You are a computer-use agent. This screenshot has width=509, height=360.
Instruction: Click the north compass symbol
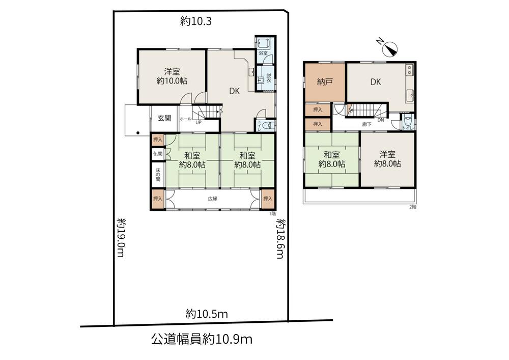click(x=390, y=48)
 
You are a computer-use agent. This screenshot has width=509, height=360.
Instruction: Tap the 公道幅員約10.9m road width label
click(x=202, y=339)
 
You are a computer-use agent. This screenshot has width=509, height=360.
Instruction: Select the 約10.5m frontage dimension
click(x=206, y=314)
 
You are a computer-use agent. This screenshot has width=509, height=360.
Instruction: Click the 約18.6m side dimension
click(x=279, y=238)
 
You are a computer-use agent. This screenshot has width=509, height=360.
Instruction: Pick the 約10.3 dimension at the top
click(x=195, y=21)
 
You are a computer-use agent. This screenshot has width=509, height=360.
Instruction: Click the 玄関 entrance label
click(x=164, y=118)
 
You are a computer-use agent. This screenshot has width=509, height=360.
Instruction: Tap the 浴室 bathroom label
click(x=263, y=53)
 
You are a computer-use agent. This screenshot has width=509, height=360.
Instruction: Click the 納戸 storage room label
click(x=325, y=82)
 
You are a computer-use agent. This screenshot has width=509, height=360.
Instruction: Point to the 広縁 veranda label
click(x=212, y=199)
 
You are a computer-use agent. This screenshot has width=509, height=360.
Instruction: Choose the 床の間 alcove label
click(x=157, y=175)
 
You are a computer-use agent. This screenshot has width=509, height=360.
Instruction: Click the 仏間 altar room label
click(x=157, y=153)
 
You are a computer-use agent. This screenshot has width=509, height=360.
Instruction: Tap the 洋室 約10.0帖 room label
click(x=171, y=76)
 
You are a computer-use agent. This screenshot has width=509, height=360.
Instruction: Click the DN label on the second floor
click(x=380, y=120)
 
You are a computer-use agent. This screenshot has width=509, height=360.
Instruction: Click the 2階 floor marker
click(x=412, y=207)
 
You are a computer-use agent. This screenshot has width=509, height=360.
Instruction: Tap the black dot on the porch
click(x=137, y=134)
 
